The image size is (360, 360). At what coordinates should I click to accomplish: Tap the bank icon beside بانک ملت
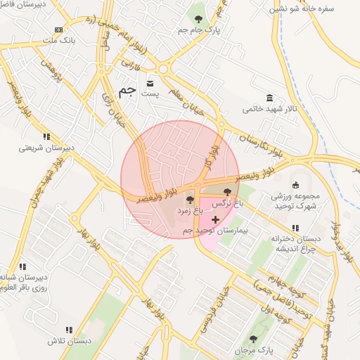click(x=58, y=30)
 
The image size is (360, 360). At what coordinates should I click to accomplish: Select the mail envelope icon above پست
click(x=150, y=82)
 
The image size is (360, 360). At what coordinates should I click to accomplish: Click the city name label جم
click(x=127, y=89)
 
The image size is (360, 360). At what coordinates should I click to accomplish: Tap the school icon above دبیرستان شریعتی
click(x=46, y=136)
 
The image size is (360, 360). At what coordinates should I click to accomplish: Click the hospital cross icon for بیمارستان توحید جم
click(x=214, y=220)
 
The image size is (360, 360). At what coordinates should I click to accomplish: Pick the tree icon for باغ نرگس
click(x=227, y=192)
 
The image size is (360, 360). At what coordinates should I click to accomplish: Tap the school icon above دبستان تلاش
click(x=69, y=329)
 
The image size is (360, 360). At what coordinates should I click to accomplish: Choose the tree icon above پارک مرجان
click(x=253, y=339)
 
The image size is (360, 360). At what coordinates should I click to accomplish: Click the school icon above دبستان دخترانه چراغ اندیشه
click(x=295, y=228)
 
